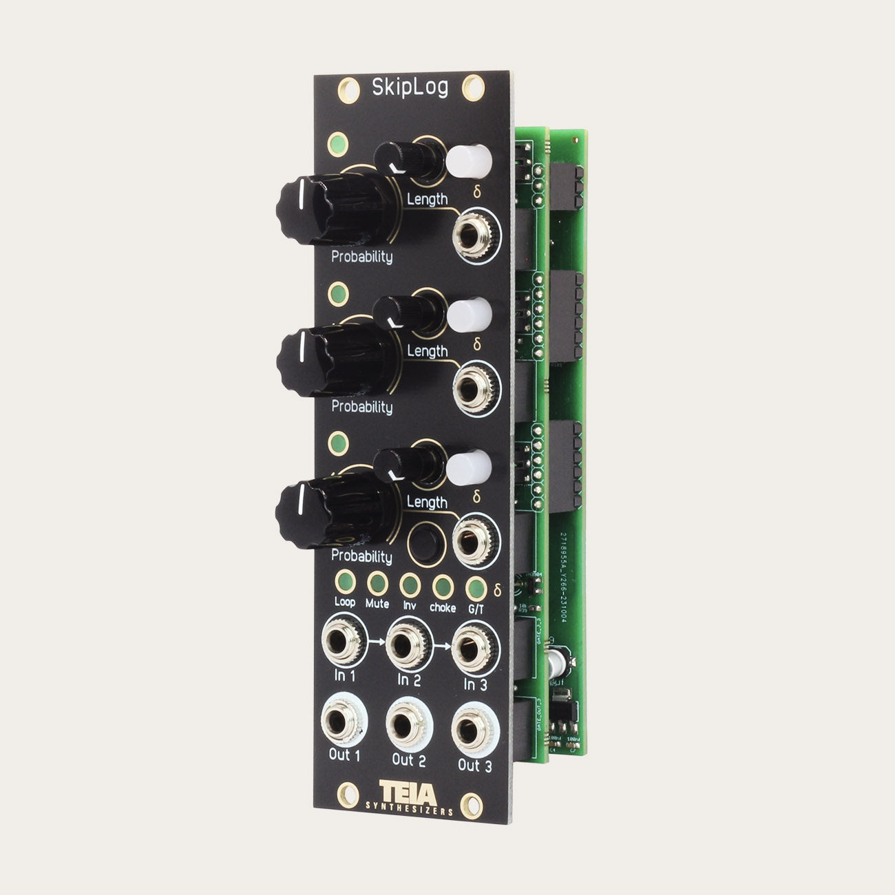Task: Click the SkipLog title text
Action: pyautogui.click(x=410, y=88)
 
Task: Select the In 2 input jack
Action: pyautogui.click(x=406, y=646)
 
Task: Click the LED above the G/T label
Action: pyautogui.click(x=474, y=589)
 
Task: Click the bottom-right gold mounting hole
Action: pyautogui.click(x=472, y=803)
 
